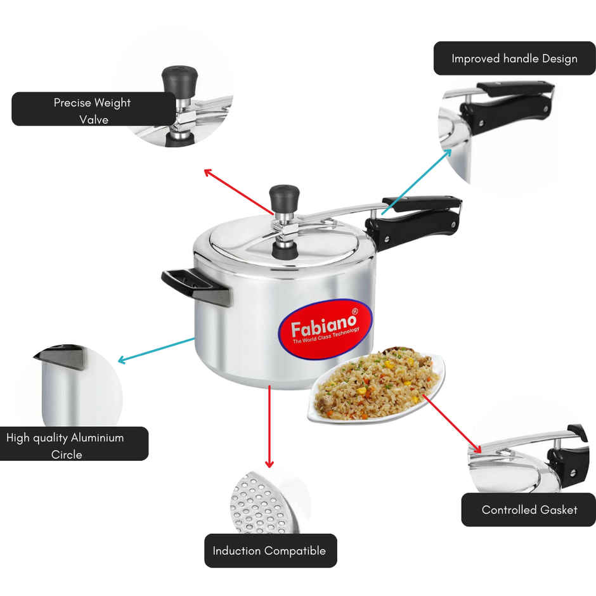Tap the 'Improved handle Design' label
[x=514, y=58]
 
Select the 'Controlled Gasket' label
[x=529, y=509]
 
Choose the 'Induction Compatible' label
[x=269, y=550]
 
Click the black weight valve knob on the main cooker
[x=284, y=197]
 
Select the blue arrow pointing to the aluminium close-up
[x=156, y=350]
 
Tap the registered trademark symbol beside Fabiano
[x=354, y=311]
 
